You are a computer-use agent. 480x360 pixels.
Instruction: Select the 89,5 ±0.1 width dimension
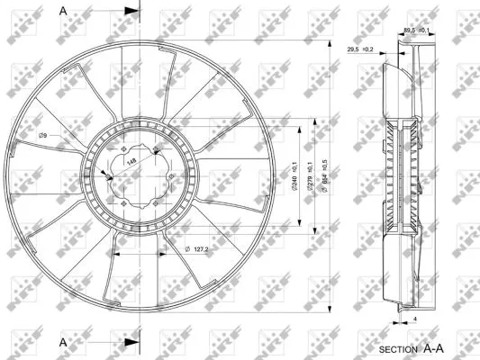coord(416,31)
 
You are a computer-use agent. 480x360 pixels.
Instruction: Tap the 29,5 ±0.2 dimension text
coord(360,50)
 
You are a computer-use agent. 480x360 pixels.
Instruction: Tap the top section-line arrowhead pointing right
coord(131,12)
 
